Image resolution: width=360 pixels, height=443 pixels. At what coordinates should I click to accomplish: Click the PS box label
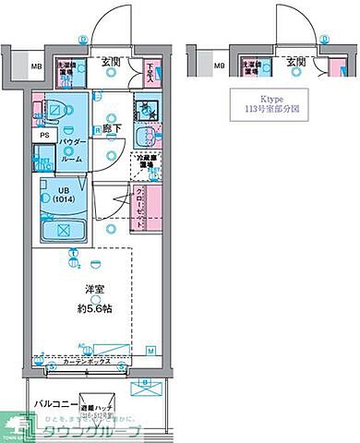(43, 135)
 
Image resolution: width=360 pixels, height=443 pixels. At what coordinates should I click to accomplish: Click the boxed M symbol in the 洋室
(151, 351)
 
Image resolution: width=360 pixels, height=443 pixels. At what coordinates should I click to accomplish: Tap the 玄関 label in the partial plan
(295, 63)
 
